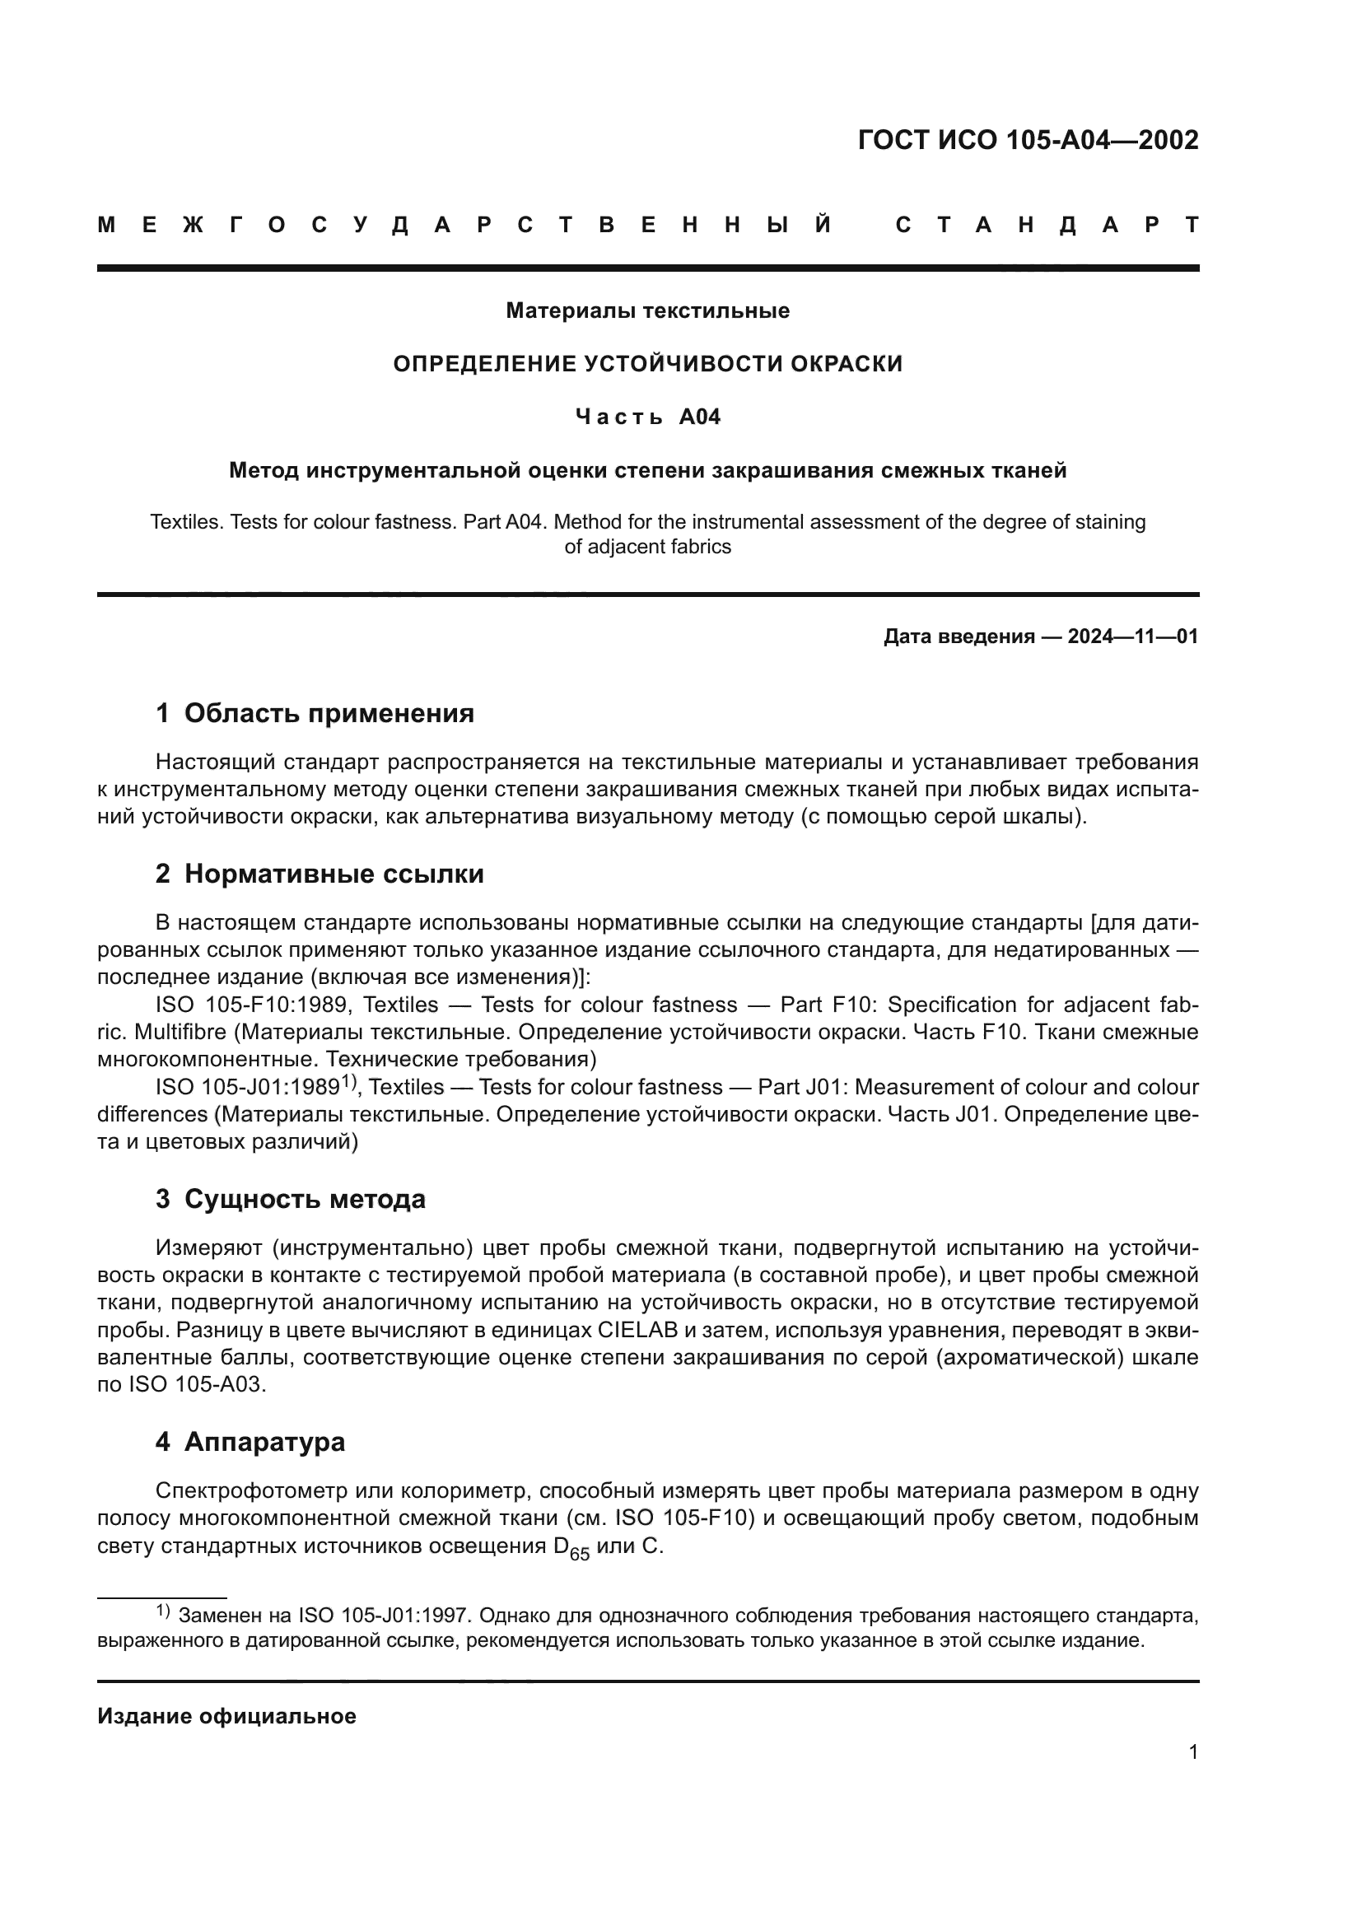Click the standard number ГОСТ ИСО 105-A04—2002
pos(1028,140)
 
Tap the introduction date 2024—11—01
pos(1132,637)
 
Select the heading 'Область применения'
pos(329,713)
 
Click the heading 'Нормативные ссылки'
pos(334,874)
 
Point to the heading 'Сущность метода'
pos(305,1200)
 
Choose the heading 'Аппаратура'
pos(264,1442)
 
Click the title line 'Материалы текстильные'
pos(647,311)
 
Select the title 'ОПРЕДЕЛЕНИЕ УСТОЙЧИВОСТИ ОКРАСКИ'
pos(647,364)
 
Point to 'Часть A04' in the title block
pos(647,417)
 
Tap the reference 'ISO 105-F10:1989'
pos(247,1005)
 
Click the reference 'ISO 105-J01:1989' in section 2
pos(247,1088)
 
